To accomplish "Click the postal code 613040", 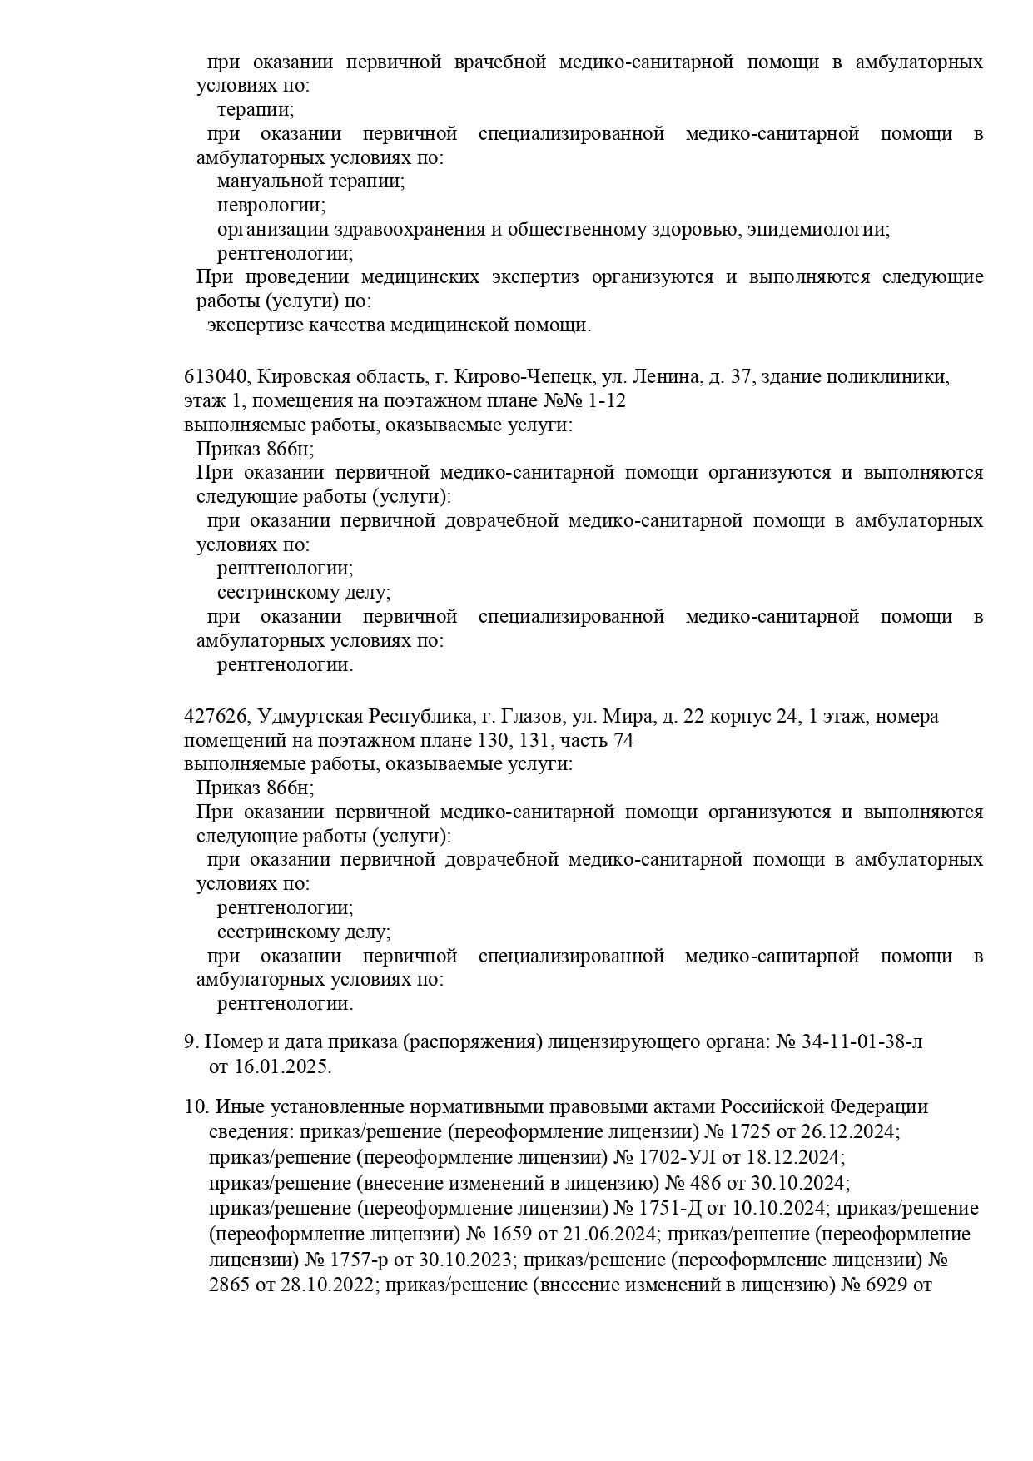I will [215, 377].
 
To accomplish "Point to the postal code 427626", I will [215, 716].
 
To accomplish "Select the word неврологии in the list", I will [271, 205].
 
